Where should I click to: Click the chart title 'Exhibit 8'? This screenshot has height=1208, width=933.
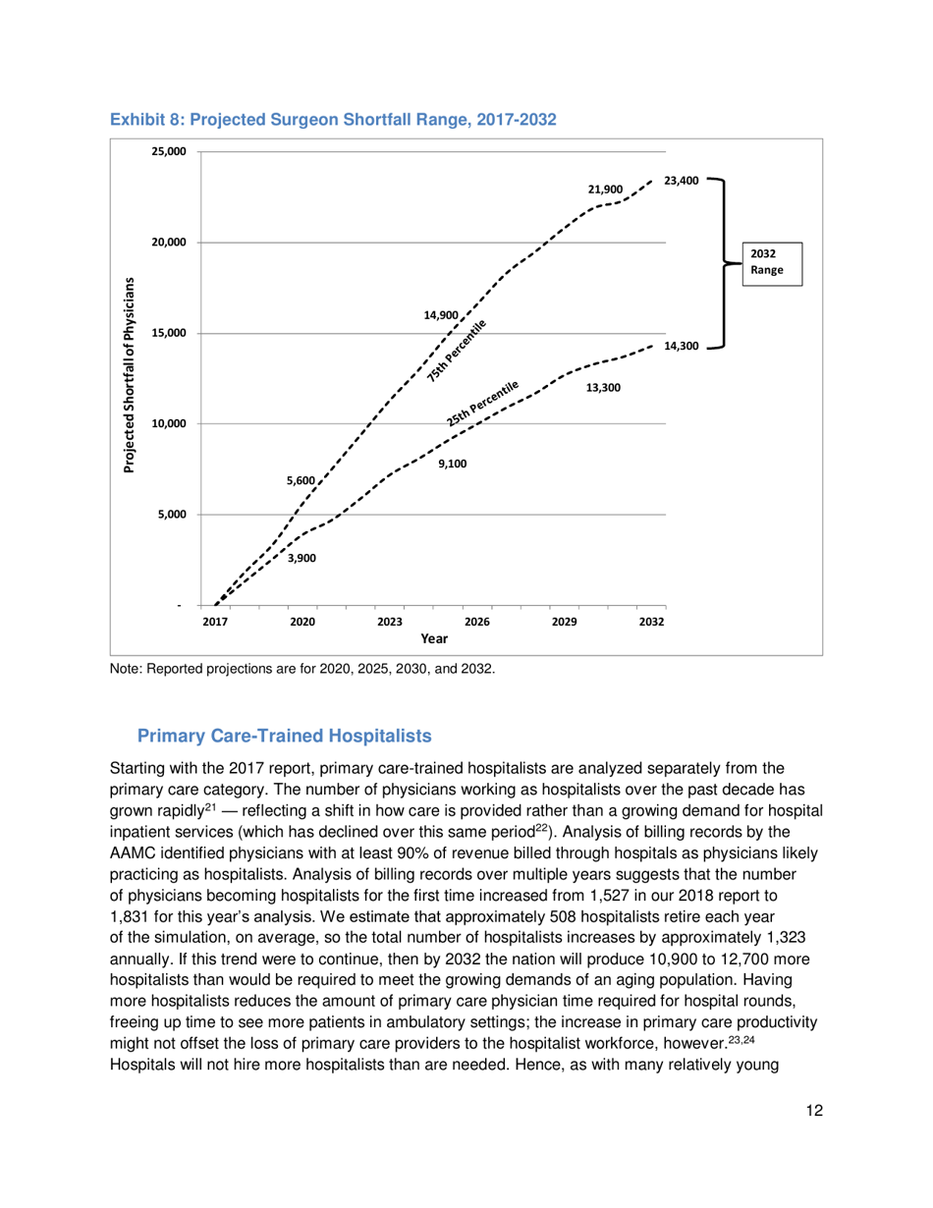333,120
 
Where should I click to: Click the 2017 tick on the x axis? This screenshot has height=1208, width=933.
215,622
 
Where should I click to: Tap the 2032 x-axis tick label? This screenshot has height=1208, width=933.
652,622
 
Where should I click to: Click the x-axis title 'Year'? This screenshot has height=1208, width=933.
434,638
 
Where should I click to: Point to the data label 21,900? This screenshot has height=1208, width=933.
606,189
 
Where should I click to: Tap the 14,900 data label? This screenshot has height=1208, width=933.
441,315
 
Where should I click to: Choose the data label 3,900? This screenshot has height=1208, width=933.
301,558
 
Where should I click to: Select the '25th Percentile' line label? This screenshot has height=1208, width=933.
481,404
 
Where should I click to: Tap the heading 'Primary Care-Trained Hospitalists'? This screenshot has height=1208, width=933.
284,736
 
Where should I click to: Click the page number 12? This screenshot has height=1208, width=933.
810,1111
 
